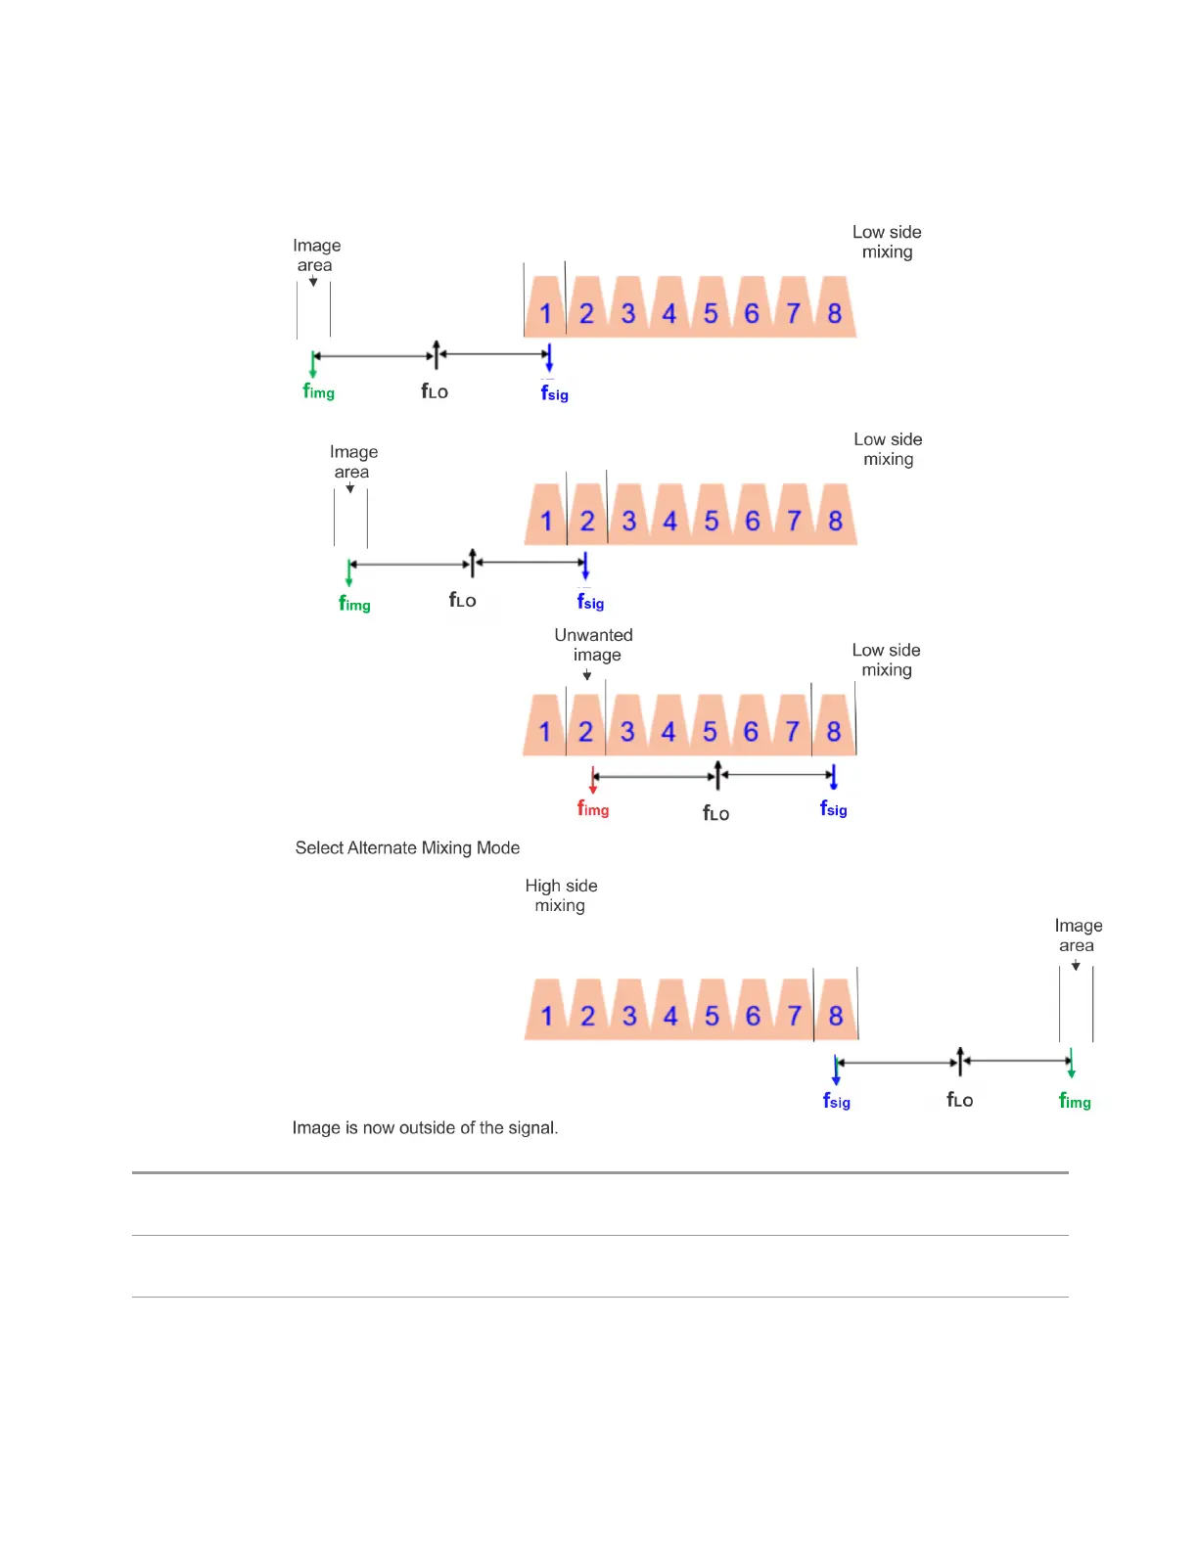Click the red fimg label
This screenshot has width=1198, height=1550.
(x=593, y=809)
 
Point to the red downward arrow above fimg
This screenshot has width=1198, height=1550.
(x=593, y=780)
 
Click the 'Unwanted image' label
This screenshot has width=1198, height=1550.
(x=594, y=645)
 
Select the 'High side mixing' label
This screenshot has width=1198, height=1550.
(x=561, y=895)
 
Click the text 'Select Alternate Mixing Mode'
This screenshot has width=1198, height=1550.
(x=407, y=847)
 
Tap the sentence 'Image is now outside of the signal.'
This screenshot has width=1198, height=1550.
(x=425, y=1127)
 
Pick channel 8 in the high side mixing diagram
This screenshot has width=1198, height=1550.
(x=836, y=1016)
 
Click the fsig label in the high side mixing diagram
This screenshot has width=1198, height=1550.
(x=837, y=1101)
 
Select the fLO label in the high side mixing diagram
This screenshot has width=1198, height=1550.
(x=960, y=1100)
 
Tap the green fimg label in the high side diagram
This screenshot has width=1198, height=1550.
(x=1075, y=1101)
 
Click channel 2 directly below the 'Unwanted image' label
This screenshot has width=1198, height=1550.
(x=585, y=732)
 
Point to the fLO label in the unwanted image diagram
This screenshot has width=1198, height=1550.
(x=716, y=813)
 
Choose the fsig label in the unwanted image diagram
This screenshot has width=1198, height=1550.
(x=834, y=809)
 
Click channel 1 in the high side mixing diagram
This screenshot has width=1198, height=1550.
(x=546, y=1016)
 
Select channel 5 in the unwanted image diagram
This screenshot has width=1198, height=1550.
(x=710, y=732)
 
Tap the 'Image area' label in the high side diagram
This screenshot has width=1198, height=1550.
(x=1078, y=935)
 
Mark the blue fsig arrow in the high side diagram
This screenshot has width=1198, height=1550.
(x=836, y=1069)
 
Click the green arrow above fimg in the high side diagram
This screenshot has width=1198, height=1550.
(x=1072, y=1063)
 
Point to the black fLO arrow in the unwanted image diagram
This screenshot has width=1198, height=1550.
(x=718, y=775)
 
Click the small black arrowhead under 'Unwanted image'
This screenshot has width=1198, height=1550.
(x=587, y=675)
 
